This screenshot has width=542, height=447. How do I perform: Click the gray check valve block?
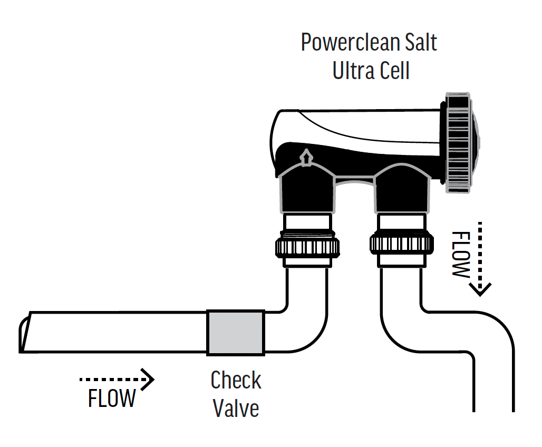click(x=235, y=332)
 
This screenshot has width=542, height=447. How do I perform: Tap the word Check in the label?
click(x=236, y=381)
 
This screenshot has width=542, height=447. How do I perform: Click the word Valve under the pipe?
click(x=236, y=409)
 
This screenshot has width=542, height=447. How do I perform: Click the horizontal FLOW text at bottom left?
click(x=112, y=399)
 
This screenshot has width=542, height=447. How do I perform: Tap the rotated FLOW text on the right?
click(x=460, y=255)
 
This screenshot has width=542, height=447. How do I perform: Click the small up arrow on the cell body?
click(x=304, y=157)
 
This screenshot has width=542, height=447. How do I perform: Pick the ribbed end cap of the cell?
click(x=461, y=142)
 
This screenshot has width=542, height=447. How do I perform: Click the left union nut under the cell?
click(x=307, y=245)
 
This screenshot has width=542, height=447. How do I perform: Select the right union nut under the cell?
click(x=402, y=243)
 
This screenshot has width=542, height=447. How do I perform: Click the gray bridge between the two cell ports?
click(x=354, y=182)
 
